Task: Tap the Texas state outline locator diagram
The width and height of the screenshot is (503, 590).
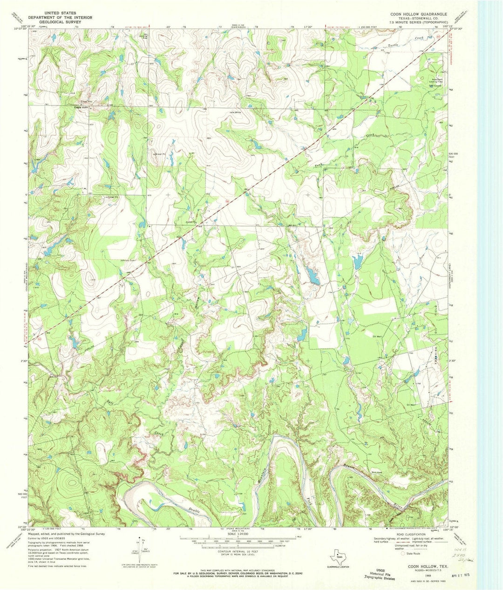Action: [339, 557]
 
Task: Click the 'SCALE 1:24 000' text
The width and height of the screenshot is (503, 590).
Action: [238, 533]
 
